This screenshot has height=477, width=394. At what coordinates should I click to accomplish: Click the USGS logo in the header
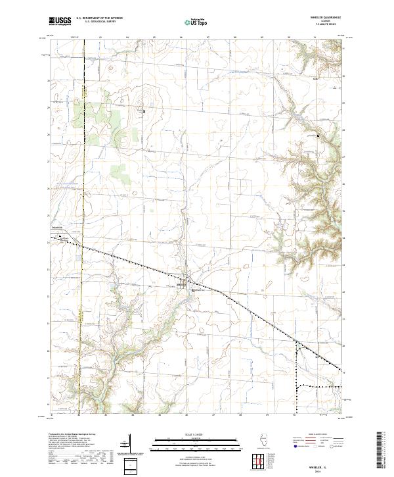click(x=60, y=22)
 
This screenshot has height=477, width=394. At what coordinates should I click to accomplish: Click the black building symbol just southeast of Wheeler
click(x=192, y=289)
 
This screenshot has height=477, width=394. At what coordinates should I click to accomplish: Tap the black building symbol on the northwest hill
click(x=144, y=111)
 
